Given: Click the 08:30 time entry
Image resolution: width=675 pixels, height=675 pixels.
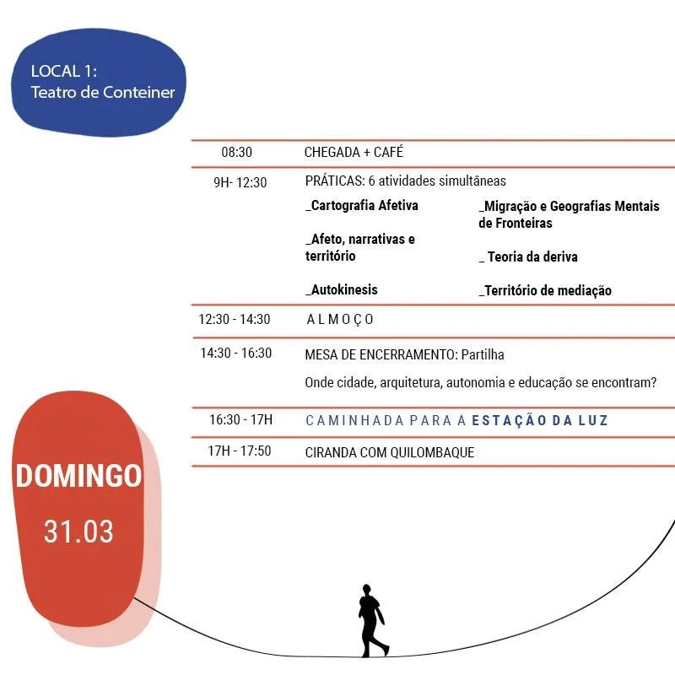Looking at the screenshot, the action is [x=236, y=153].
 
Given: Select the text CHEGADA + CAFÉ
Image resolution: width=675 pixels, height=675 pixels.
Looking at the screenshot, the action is [x=354, y=153].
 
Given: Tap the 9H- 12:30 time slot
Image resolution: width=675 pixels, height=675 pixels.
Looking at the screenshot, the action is [x=240, y=182].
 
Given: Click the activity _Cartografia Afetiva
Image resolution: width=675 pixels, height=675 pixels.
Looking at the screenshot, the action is [x=362, y=206].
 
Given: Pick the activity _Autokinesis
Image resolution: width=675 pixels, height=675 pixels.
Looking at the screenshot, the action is [x=342, y=290].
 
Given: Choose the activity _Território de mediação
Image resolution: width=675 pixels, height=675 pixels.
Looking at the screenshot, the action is [x=545, y=291].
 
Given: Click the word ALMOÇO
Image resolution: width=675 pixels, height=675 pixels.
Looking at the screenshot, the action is [x=340, y=320].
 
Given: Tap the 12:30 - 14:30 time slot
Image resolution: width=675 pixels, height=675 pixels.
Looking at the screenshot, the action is [x=235, y=320].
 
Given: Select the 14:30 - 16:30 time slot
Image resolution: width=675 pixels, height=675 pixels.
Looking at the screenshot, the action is [x=235, y=354].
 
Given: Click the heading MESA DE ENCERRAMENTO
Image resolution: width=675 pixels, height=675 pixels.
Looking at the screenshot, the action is [x=381, y=355].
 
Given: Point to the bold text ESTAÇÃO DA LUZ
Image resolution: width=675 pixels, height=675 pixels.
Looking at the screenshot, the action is [x=540, y=420].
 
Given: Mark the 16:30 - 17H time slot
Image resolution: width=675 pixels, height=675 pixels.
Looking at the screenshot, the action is [x=240, y=419].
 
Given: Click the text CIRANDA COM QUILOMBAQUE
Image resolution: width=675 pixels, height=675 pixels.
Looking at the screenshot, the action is [x=389, y=452].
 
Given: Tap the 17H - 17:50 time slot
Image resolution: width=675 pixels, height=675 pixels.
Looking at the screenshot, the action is [x=239, y=451].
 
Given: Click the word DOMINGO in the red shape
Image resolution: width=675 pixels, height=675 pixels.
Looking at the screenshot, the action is [x=78, y=476].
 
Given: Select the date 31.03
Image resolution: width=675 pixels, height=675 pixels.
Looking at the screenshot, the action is [x=78, y=532].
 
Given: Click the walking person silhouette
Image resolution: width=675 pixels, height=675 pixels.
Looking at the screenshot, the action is [x=371, y=620].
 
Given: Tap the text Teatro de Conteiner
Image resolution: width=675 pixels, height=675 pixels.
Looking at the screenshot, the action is [x=102, y=92].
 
